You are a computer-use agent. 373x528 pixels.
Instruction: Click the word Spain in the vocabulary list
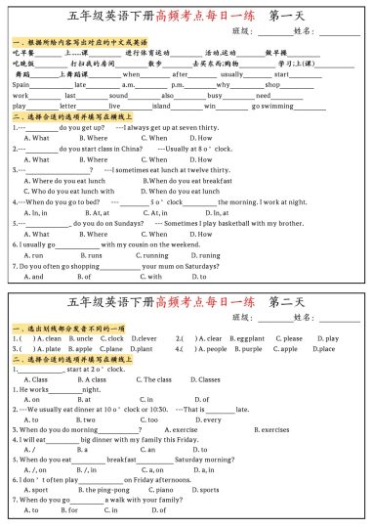[21, 85]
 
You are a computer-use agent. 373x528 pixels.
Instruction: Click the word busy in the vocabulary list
[217, 95]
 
